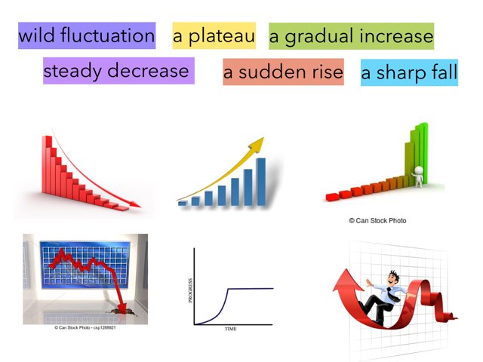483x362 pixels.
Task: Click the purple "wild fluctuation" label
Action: click(x=87, y=35)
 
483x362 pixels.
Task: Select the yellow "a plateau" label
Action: click(x=214, y=35)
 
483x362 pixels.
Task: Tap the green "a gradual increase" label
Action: click(x=351, y=35)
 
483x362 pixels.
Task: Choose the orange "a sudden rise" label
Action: click(x=283, y=72)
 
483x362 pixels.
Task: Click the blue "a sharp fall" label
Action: click(x=409, y=72)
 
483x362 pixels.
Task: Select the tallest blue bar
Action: click(x=260, y=181)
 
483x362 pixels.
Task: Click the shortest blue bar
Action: click(x=183, y=202)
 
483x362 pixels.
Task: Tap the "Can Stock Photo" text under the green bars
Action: click(x=377, y=220)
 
